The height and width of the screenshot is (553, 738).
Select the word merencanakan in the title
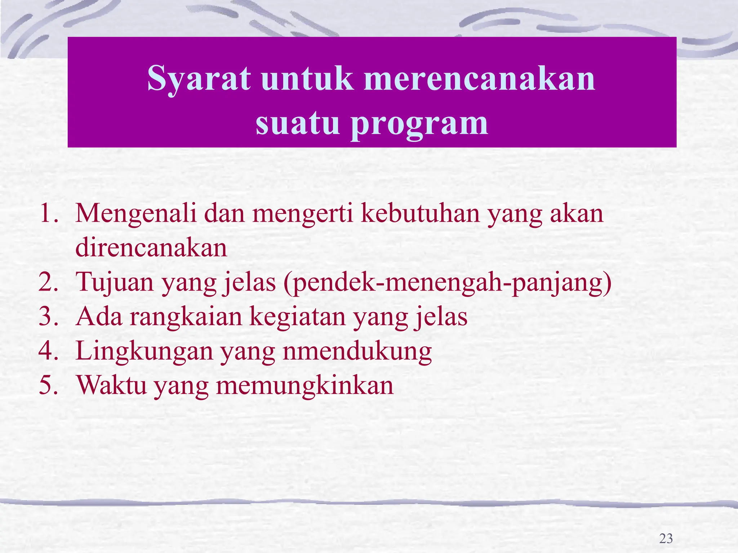(479, 78)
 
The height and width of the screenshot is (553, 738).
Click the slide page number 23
(666, 538)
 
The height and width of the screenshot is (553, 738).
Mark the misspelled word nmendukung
(357, 351)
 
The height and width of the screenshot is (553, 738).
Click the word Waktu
(112, 385)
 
